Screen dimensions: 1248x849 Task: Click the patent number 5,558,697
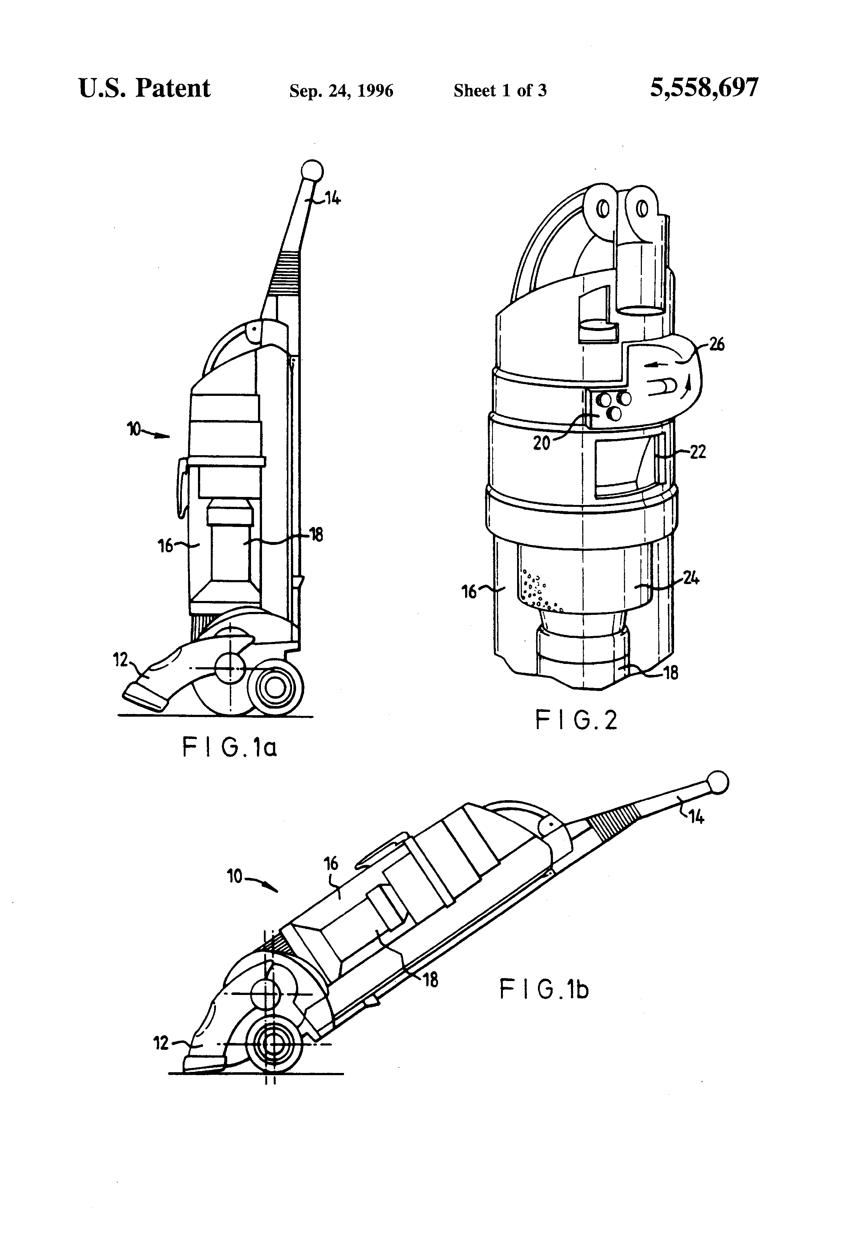704,88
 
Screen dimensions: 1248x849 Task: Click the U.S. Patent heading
144,88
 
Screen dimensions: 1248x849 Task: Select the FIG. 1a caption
230,747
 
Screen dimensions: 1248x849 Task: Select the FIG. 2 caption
576,720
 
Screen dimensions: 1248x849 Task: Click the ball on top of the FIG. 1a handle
313,171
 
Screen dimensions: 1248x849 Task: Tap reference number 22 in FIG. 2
697,452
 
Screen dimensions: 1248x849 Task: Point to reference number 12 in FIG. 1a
121,660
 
